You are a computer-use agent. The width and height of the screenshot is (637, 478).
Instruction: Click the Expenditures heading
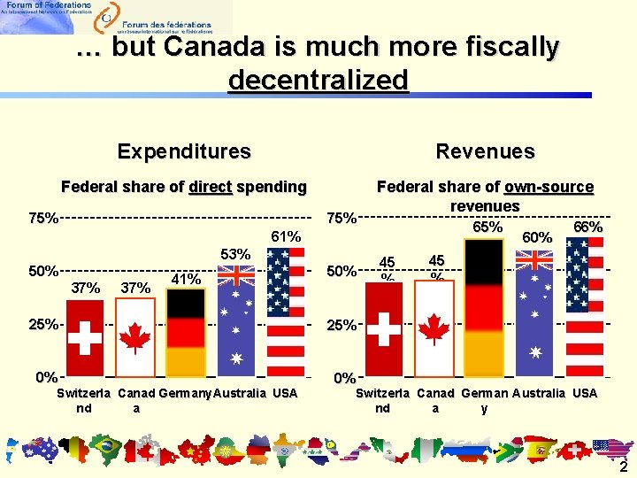coord(184,151)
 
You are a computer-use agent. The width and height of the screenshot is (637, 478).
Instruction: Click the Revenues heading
coord(485,151)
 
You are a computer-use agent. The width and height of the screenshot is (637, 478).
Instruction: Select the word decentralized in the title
coord(318,81)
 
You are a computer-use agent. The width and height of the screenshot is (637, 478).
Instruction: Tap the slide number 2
coord(623,467)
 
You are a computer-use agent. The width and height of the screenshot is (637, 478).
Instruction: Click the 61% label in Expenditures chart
coord(287,236)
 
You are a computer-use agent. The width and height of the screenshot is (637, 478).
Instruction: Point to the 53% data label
coord(236,255)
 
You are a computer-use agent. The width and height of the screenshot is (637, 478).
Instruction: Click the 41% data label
coord(185,279)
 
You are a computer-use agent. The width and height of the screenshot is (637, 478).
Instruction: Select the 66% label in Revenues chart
coord(587,227)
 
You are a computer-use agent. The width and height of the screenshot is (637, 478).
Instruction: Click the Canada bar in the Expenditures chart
coord(135,336)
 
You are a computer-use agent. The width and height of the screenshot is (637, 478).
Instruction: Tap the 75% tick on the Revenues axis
coord(342,218)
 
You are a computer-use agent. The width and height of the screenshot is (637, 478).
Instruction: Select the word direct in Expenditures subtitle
coord(210,187)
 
